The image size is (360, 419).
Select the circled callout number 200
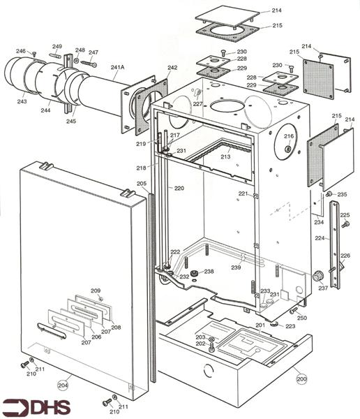pos(301,379)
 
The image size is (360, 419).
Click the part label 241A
pos(118,68)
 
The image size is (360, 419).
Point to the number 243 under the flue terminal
pos(22,102)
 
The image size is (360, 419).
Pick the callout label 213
pos(225,157)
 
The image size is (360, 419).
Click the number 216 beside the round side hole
pos(289,136)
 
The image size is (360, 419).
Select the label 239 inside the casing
pos(237,267)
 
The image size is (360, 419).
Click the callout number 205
pos(142,184)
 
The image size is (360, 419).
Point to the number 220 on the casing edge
pos(179,189)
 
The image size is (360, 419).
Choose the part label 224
pos(320,238)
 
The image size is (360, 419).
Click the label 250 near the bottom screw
pos(301,318)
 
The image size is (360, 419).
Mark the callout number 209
pos(96,291)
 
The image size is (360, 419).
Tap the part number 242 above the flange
pos(172,68)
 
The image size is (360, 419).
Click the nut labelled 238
pos(195,272)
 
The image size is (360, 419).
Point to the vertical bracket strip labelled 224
pos(336,244)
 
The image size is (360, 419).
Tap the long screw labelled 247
pos(87,62)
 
